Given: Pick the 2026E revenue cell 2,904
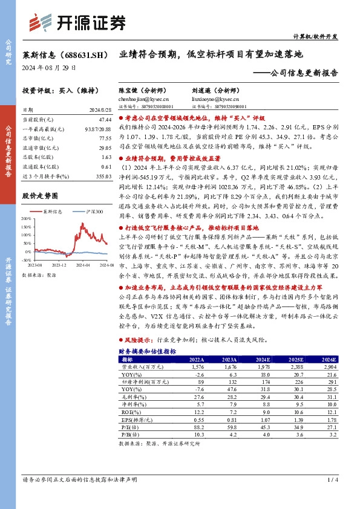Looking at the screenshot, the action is point(328,366).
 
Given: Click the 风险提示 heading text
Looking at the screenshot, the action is point(137,340).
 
